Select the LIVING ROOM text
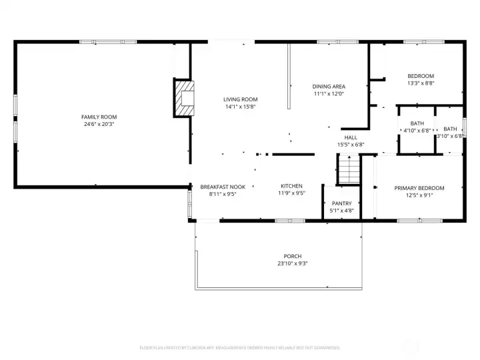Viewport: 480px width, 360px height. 240,99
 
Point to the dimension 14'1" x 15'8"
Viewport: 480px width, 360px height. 240,107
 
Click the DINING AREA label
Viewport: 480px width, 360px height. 329,86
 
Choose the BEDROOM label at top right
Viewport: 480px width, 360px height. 421,76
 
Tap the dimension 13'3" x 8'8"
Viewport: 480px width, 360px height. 421,83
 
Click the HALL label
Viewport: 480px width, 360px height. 351,137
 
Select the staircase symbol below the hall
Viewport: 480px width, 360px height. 348,169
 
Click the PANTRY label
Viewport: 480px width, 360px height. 341,203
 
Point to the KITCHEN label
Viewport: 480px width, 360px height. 291,186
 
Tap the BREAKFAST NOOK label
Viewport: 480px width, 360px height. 223,187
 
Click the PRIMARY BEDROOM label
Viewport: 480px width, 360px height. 419,188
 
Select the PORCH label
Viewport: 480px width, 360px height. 292,256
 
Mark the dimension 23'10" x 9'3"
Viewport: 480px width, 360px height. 292,263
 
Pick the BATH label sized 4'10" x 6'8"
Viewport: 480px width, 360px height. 417,123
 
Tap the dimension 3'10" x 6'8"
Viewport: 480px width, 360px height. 450,136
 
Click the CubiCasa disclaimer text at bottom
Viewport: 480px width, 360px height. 240,347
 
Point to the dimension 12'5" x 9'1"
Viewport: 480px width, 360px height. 419,195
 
